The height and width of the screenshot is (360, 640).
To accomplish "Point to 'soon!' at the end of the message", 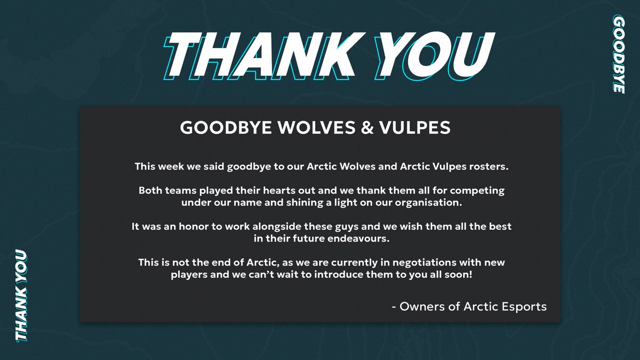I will point(458,275).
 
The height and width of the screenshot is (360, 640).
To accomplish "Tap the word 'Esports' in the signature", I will point(525,307).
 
